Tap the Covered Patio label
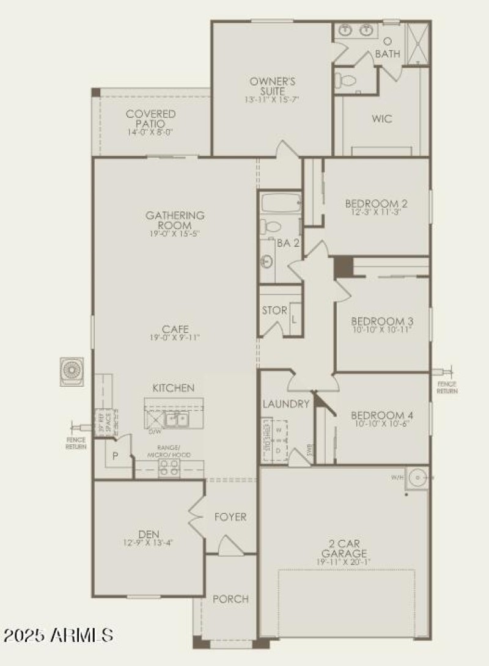point(150,119)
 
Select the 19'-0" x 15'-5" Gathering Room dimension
point(175,233)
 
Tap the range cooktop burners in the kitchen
point(169,468)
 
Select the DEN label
point(149,533)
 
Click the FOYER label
point(230,517)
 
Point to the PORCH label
point(230,599)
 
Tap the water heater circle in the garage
point(418,477)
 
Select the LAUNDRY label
point(286,404)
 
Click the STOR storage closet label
point(274,310)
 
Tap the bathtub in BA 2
point(280,202)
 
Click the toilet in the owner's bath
point(346,79)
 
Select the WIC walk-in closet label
point(381,119)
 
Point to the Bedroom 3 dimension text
point(381,330)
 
